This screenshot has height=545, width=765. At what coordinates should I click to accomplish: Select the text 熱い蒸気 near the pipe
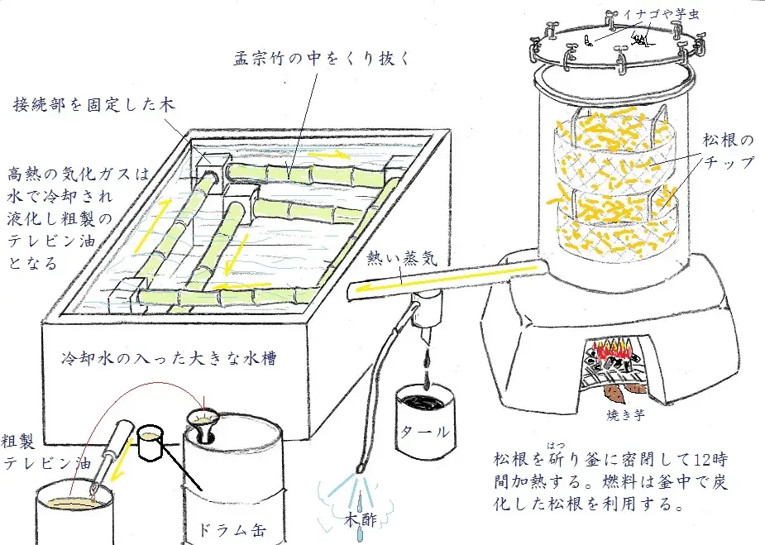point(399,258)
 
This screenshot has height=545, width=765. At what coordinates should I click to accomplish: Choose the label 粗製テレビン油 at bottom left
point(44,450)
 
